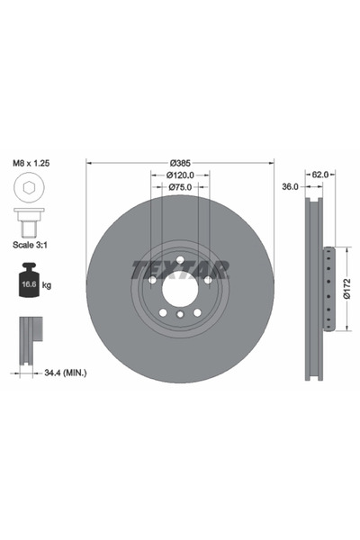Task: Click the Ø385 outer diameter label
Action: (x=180, y=162)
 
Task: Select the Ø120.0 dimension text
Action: (x=180, y=175)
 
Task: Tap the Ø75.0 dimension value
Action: (x=180, y=187)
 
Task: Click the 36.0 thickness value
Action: (x=289, y=188)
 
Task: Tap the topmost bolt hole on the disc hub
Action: (x=180, y=260)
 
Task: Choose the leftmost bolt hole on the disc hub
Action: (x=152, y=280)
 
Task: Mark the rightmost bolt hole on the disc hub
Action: (x=208, y=280)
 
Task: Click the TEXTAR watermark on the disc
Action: (x=180, y=269)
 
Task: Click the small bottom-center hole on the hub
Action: (x=180, y=314)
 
